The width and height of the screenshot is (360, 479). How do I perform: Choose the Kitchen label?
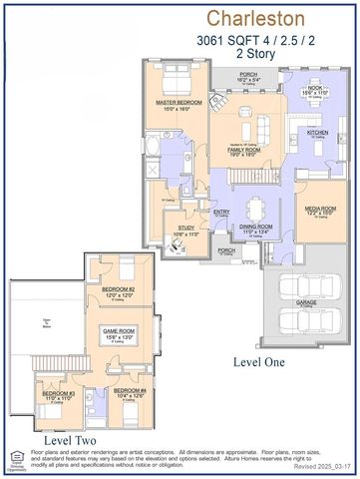pyautogui.click(x=316, y=132)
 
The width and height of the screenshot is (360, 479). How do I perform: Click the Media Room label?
pyautogui.click(x=320, y=210)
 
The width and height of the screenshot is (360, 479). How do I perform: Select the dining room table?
pyautogui.click(x=256, y=208)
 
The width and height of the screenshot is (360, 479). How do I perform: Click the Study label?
pyautogui.click(x=186, y=228)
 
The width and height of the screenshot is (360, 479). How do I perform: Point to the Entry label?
pyautogui.click(x=221, y=212)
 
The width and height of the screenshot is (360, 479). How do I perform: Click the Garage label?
pyautogui.click(x=308, y=300)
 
